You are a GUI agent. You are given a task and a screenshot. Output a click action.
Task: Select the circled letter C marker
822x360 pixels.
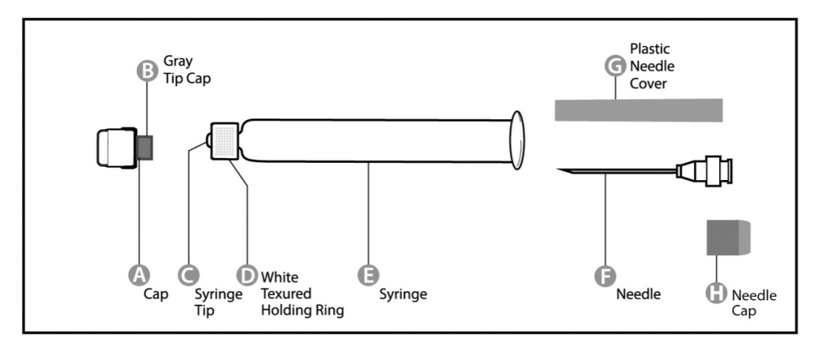(x=187, y=274)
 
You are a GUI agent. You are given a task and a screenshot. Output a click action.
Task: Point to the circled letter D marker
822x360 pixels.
(x=246, y=274)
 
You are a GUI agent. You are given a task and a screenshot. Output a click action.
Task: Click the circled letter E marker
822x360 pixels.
(x=368, y=274)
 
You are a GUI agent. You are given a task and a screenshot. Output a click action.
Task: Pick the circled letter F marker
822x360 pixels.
(x=606, y=274)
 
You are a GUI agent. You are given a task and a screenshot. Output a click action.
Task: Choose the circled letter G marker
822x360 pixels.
(x=614, y=66)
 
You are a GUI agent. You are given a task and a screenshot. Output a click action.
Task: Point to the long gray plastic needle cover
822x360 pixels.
(x=638, y=109)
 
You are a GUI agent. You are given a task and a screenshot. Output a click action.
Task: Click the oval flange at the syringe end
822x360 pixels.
(x=518, y=141)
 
